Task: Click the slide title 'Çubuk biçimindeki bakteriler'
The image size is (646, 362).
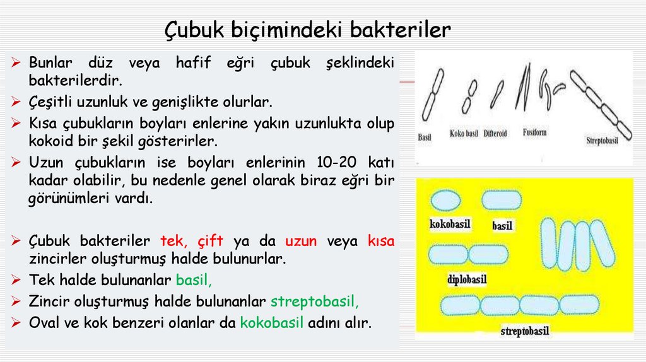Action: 308,29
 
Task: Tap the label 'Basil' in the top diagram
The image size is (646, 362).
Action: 425,137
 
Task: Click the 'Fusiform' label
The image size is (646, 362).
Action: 535,132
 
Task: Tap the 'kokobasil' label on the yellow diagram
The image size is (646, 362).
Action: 450,223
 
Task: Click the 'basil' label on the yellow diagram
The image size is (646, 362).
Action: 502,225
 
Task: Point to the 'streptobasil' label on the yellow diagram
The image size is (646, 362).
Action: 525,330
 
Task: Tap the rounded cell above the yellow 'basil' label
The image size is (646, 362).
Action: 502,201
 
